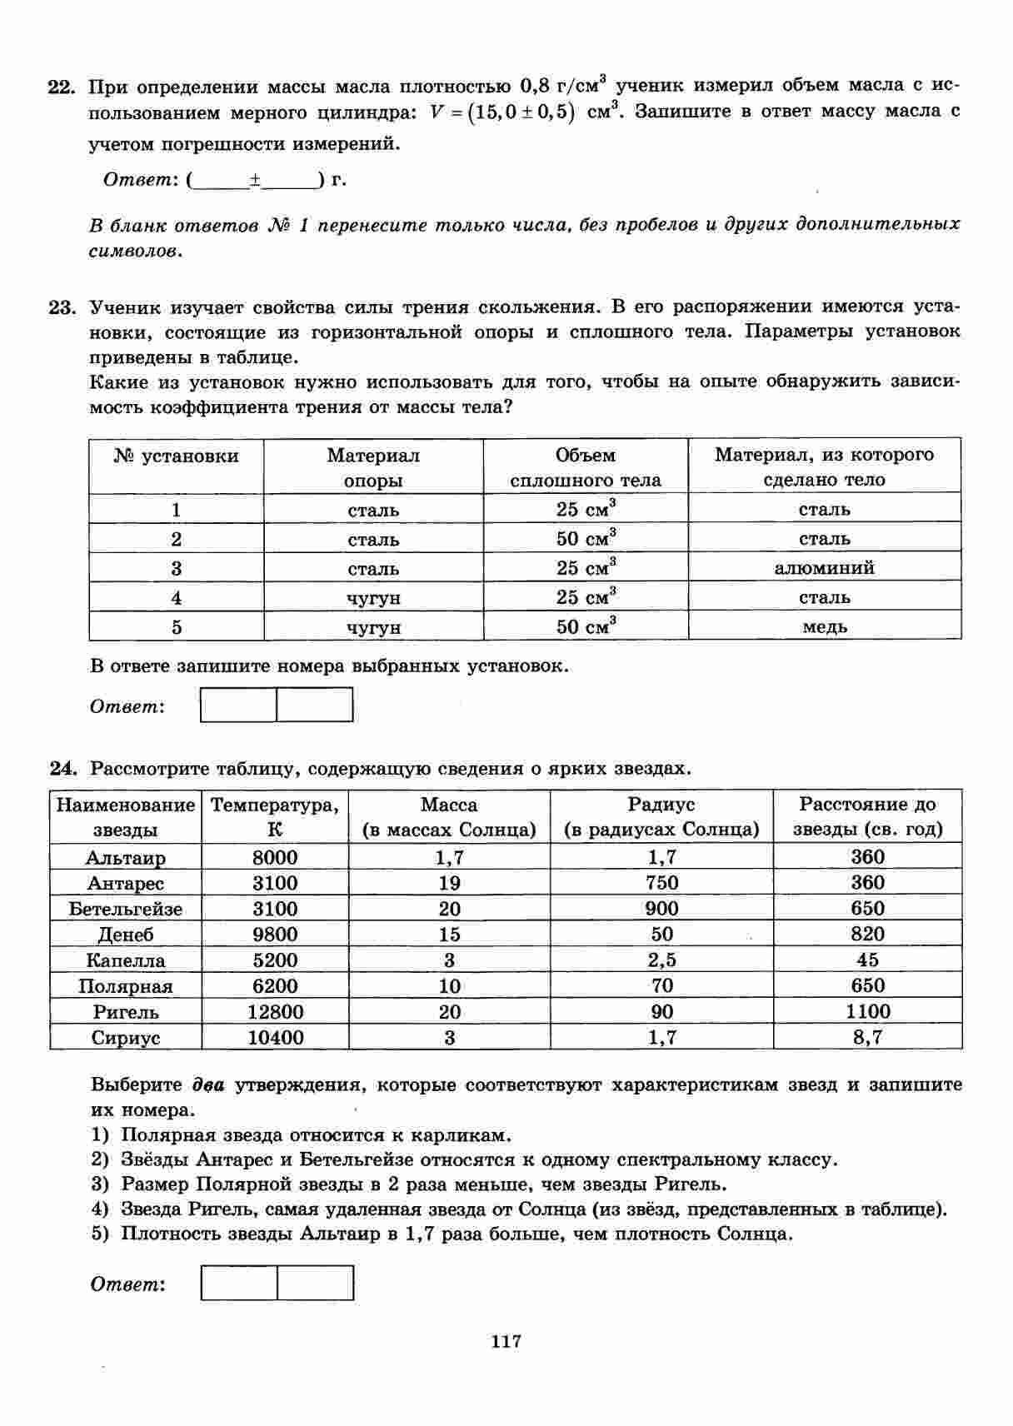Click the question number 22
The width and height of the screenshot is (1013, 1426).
click(x=62, y=87)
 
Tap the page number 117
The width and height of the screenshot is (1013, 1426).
click(x=506, y=1341)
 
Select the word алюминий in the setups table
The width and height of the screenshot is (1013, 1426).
click(x=824, y=568)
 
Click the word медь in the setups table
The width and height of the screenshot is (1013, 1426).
click(x=824, y=626)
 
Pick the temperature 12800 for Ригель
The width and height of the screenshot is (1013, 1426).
click(x=275, y=1012)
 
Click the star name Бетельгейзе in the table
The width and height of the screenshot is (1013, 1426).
click(x=125, y=909)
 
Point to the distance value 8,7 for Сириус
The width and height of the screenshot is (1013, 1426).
click(x=867, y=1037)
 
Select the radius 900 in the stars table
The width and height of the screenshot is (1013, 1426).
click(x=661, y=909)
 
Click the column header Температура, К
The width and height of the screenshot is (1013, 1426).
click(x=275, y=817)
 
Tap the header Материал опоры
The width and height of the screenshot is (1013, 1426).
click(x=373, y=467)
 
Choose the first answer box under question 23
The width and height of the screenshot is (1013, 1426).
click(x=239, y=705)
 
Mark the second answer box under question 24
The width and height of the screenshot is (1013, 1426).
click(x=315, y=1283)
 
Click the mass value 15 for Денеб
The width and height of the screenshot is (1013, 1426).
click(x=449, y=935)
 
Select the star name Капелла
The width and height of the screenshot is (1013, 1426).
click(x=125, y=960)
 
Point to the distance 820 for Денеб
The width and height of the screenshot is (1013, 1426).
click(x=867, y=935)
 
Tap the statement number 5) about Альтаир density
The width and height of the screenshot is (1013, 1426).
click(x=100, y=1234)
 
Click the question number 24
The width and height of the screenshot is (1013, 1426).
click(x=62, y=768)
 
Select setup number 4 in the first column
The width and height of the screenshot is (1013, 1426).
click(x=176, y=597)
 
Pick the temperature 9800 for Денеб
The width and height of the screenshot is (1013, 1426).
click(x=275, y=935)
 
